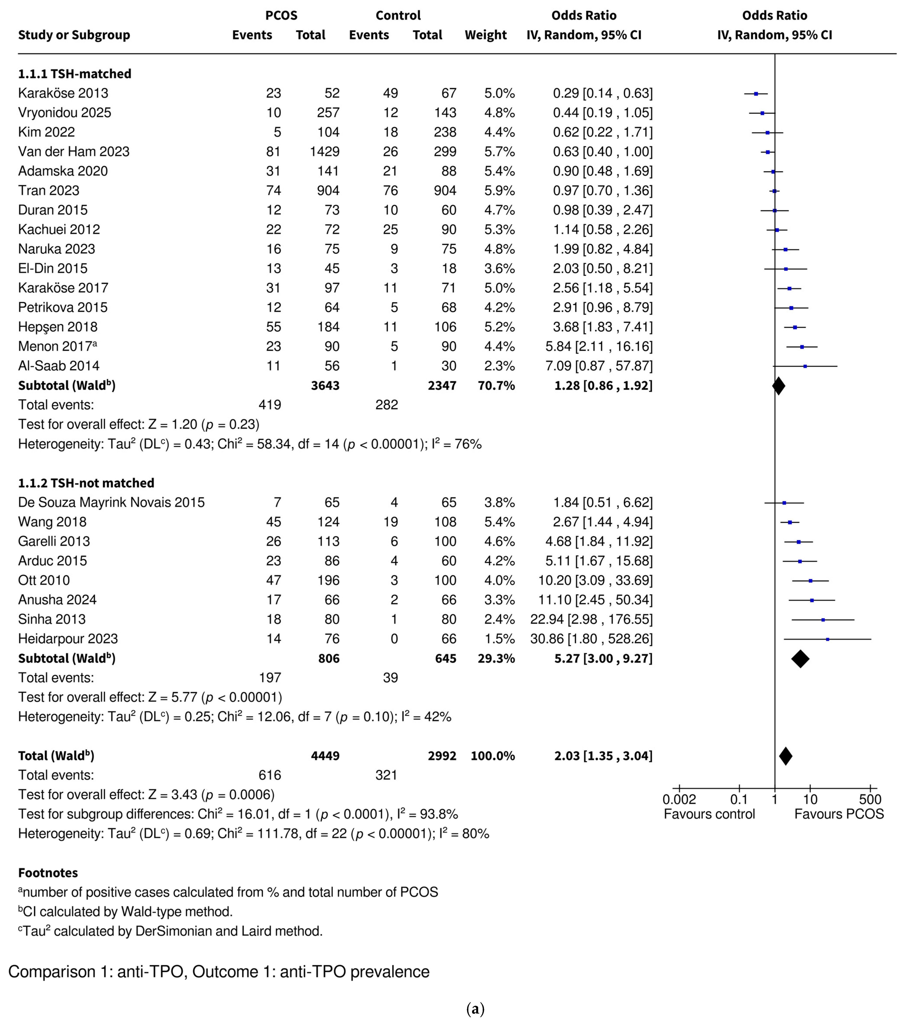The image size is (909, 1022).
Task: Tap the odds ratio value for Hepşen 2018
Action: [603, 327]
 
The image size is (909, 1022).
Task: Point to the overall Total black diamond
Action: [785, 756]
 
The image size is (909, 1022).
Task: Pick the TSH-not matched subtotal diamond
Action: [800, 659]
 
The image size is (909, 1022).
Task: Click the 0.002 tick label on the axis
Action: [679, 800]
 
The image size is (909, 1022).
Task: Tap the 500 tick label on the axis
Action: [870, 800]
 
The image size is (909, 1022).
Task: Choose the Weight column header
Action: [486, 35]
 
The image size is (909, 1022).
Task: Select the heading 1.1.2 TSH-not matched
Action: [86, 483]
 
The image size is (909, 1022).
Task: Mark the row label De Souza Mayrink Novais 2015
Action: [111, 502]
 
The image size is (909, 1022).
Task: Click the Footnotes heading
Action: [48, 873]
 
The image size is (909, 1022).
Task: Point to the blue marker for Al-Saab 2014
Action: [805, 366]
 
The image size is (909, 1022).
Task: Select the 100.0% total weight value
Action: [492, 756]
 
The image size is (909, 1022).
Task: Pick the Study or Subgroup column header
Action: [74, 35]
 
